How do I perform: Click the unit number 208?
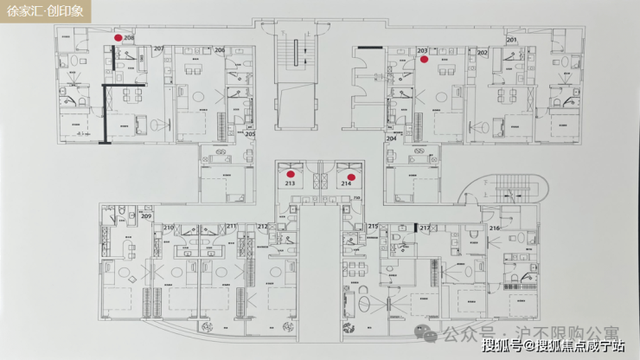coord(129,38)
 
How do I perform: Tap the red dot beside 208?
coord(118,38)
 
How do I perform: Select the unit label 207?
coord(158,48)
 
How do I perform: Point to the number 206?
coord(220,50)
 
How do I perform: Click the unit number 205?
coord(249,134)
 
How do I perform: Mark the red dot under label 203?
coord(424,61)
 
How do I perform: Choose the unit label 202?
coord(483,53)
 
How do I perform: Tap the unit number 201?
coord(512,41)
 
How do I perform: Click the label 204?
coord(391,138)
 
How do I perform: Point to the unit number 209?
coord(146,216)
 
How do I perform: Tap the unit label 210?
coord(170,227)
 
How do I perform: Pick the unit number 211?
coord(232,227)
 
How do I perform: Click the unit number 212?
coord(262,227)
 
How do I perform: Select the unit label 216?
coord(495,228)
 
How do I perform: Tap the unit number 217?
coord(426,228)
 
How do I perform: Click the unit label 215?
coord(373,227)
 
